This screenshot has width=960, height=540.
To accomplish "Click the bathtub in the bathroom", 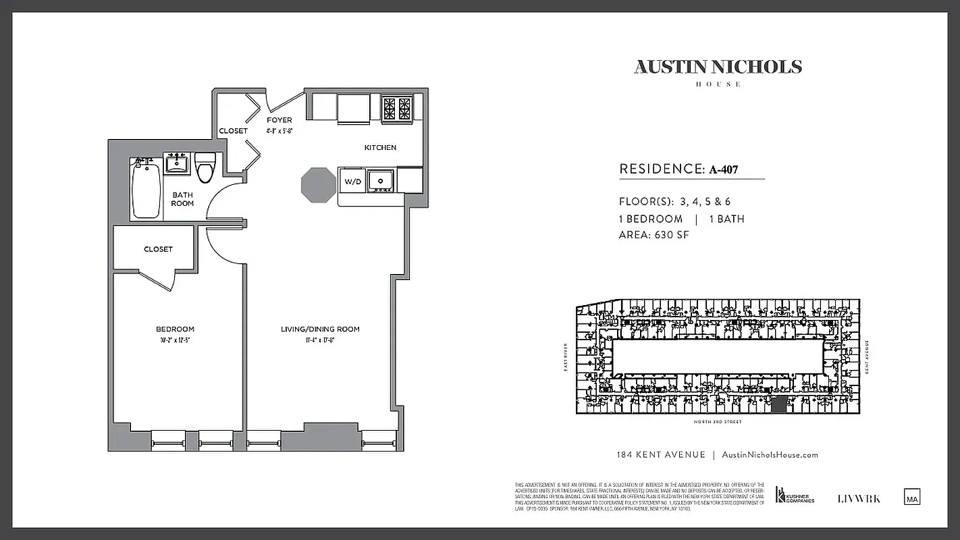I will [x=146, y=188].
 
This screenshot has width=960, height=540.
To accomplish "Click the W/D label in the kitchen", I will [x=352, y=182].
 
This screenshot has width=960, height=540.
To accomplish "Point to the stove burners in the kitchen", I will [x=396, y=108].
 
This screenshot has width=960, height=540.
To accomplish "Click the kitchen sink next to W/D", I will [x=381, y=180].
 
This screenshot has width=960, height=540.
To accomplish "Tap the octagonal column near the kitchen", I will [x=318, y=184].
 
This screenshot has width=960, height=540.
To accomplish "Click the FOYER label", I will [x=279, y=120].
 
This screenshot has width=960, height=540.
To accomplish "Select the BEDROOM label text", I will [x=175, y=329].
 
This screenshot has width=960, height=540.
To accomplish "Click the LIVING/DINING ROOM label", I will [x=320, y=329].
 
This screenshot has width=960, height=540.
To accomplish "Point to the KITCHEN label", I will [x=380, y=148].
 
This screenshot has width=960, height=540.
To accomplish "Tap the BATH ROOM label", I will [x=182, y=199].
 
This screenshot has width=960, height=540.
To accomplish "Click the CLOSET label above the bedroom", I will [x=158, y=249].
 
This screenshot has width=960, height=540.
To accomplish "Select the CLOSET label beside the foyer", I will [x=233, y=131].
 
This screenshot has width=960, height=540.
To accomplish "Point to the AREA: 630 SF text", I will [x=654, y=235].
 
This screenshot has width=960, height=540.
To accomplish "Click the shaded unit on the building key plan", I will [x=778, y=404].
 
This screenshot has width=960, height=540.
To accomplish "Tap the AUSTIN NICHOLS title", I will [x=718, y=67].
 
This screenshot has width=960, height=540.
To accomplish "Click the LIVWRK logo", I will [x=859, y=499].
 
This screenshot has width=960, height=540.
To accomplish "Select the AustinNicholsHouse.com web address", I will [x=770, y=455].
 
